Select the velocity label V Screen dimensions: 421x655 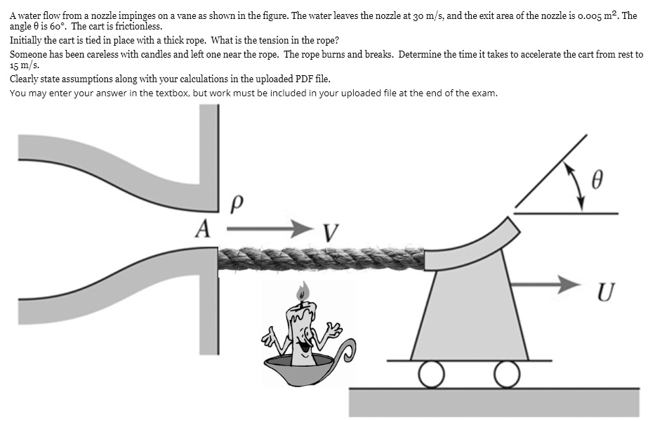tap(331, 233)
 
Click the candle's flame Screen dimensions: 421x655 tap(303, 290)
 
